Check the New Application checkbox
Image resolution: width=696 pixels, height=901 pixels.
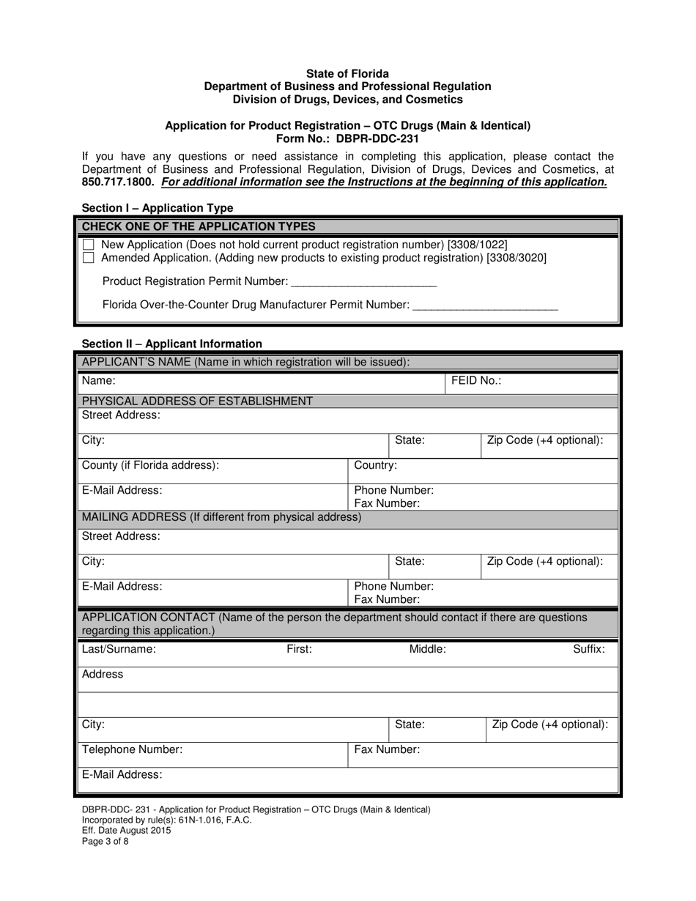89,244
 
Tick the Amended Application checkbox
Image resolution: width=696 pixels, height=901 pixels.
89,258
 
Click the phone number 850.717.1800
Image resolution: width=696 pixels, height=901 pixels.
118,182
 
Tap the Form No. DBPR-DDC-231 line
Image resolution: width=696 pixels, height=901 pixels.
347,138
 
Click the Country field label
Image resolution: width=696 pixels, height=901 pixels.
376,465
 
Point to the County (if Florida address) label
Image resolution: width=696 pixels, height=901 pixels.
150,465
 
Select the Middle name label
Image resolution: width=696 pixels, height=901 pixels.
427,649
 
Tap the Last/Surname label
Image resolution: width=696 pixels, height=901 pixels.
119,649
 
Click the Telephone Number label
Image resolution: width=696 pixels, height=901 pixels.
132,749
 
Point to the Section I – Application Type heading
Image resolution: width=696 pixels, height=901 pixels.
158,208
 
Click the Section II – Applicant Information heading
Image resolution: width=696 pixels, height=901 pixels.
171,344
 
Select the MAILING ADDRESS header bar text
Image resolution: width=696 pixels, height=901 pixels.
221,517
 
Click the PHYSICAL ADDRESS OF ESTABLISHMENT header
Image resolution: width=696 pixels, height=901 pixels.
197,401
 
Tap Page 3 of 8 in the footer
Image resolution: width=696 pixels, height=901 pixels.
105,842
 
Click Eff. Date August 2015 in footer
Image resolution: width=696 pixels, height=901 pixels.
126,831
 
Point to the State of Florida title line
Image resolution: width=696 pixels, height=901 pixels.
347,74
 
